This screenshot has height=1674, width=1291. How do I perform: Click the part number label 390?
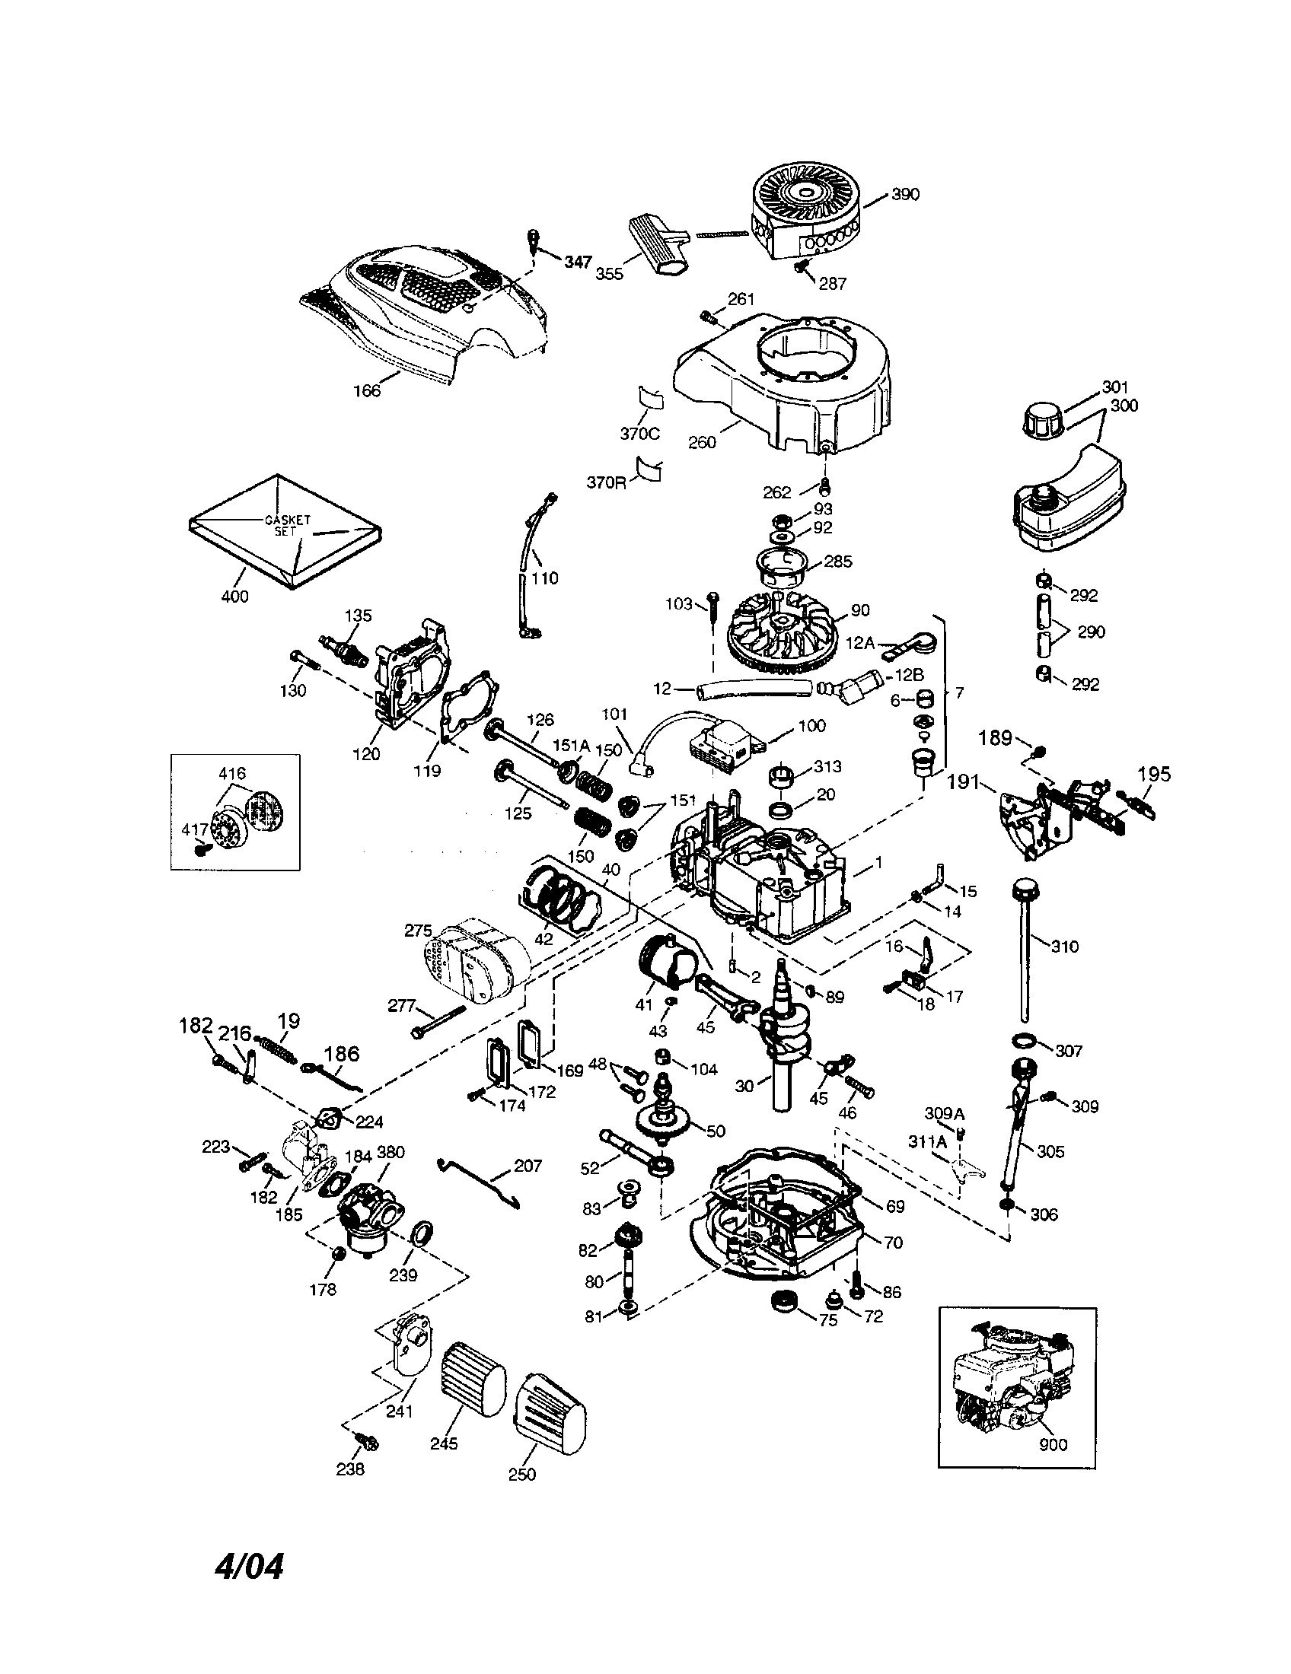[905, 195]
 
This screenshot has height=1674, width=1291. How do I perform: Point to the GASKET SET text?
[287, 524]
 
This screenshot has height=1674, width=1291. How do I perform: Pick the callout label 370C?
[639, 434]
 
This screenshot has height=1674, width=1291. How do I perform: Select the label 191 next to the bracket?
[962, 781]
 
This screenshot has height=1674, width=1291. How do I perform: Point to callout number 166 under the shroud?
[366, 390]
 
